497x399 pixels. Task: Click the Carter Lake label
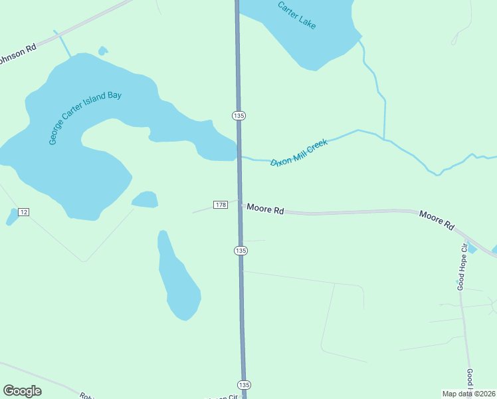point(297,15)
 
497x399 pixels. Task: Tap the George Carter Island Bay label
point(85,117)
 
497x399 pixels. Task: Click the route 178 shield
point(221,204)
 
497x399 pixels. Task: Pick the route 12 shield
point(24,211)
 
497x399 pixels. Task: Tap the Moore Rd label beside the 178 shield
point(265,209)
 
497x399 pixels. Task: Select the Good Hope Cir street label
point(462,266)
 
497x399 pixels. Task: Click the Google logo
point(22,391)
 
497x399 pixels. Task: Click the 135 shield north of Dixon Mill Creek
point(239,115)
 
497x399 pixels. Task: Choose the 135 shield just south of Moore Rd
point(241,250)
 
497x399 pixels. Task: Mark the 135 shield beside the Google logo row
point(244,385)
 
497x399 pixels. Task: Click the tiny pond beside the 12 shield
point(12,216)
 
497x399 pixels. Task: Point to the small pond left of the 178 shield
point(145,199)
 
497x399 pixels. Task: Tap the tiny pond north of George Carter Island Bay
point(102,51)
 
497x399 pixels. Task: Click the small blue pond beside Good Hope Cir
point(472,249)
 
